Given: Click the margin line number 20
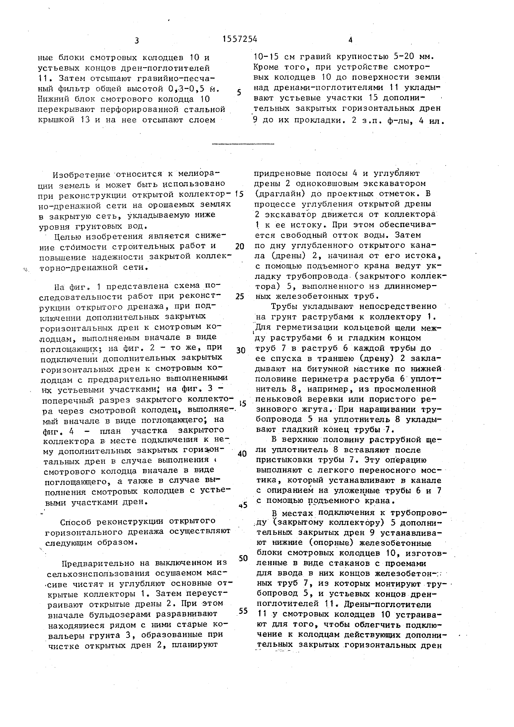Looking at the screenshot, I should point(240,246).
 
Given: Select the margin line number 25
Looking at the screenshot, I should point(240,296).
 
